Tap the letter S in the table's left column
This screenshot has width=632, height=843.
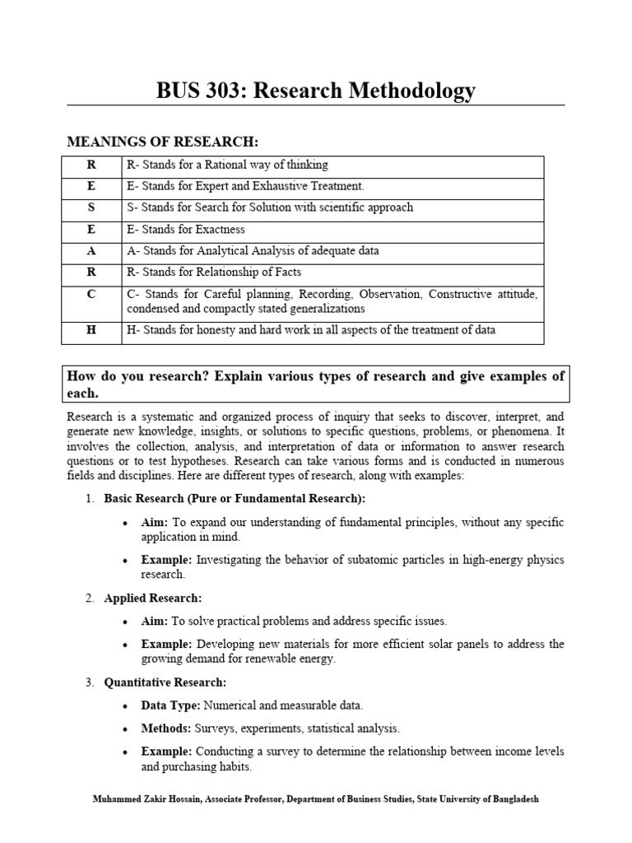click(x=92, y=207)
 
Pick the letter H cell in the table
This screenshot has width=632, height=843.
click(x=92, y=330)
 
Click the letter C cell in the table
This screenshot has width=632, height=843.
click(x=92, y=294)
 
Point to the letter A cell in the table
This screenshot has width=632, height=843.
click(x=92, y=250)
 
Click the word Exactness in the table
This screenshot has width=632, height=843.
click(x=216, y=229)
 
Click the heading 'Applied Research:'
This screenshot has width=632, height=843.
click(x=152, y=598)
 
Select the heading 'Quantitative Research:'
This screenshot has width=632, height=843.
click(x=165, y=682)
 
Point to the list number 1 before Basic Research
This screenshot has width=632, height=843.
click(x=90, y=499)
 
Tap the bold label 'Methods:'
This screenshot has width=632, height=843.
click(x=165, y=729)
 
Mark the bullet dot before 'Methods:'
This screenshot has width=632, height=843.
click(x=123, y=729)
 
